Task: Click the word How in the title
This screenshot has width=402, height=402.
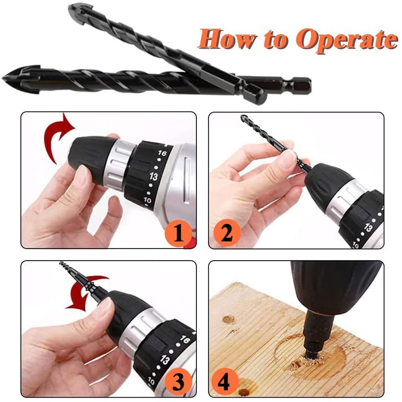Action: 227,39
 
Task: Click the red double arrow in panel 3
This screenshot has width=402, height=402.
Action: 86,292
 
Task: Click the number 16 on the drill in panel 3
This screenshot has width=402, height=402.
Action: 185,339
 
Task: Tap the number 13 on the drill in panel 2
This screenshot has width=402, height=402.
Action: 368,228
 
